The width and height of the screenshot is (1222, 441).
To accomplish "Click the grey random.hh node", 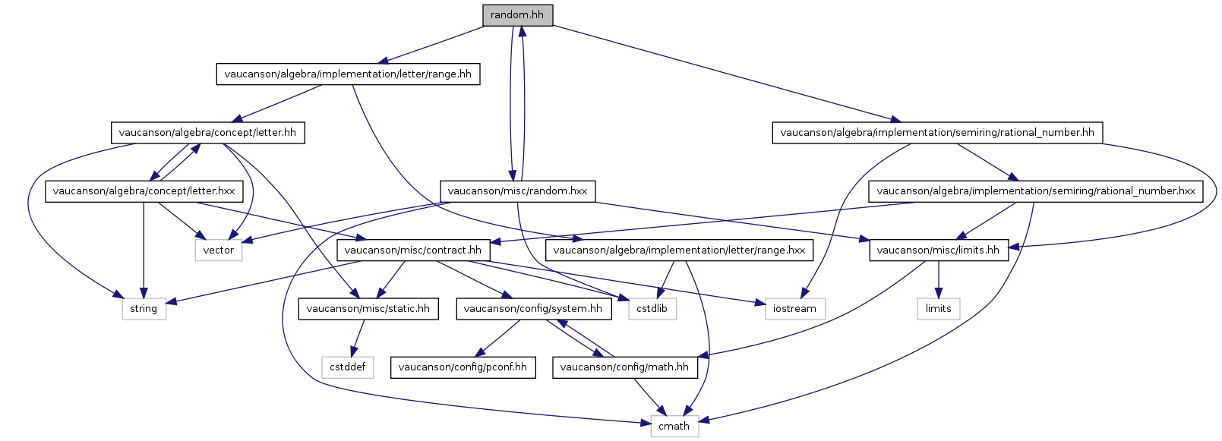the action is tap(518, 15).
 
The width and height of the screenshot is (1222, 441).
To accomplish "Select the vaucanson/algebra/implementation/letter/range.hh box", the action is tap(348, 74).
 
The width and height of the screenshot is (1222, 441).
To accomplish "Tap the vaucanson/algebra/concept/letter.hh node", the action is tap(208, 133).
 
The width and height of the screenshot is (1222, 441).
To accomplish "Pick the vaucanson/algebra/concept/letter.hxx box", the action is tap(144, 192).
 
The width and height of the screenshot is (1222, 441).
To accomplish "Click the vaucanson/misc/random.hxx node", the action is tap(518, 192).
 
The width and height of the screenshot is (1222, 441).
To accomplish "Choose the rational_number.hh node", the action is tap(937, 133).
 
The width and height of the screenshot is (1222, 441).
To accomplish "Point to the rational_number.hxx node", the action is tap(1035, 192).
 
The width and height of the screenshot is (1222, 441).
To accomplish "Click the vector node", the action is tap(219, 250).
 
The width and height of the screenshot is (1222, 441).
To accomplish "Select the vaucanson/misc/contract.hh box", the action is tap(413, 250).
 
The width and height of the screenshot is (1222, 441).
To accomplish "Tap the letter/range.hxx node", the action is tap(679, 250).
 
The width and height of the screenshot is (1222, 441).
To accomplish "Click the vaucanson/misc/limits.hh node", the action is tap(939, 250).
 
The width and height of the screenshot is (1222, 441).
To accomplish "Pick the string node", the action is tap(144, 309).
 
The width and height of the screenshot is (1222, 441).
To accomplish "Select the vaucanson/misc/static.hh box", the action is tap(368, 309).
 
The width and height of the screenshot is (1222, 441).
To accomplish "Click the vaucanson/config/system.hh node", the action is tap(534, 309).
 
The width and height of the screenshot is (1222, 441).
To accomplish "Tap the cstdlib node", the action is tap(652, 309).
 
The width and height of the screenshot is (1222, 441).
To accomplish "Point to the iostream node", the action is tap(795, 309).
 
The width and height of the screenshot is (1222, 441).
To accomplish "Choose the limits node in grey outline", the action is tap(938, 309).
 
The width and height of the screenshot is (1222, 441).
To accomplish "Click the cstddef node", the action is tap(348, 367).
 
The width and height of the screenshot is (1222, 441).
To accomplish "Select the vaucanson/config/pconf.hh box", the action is tap(463, 367).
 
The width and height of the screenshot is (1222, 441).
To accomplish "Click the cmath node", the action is tap(674, 427).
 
